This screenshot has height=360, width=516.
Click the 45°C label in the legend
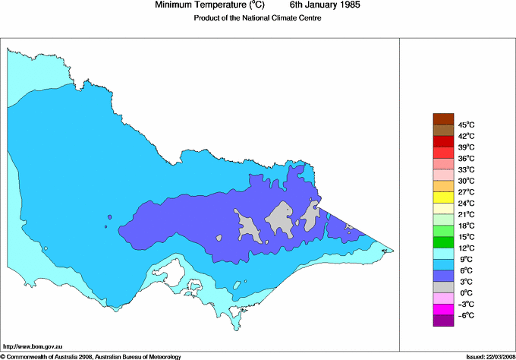coord(466,125)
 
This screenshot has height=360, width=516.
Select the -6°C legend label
coord(465,315)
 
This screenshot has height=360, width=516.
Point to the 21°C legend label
coord(466,214)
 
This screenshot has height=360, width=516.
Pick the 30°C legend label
coord(466,181)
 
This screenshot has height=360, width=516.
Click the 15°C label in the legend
coord(466,237)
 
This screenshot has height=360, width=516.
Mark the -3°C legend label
coord(465,304)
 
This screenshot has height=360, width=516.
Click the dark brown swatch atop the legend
coord(442,118)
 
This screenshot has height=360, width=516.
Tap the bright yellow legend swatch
coord(442,197)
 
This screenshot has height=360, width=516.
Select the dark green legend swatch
coord(442,242)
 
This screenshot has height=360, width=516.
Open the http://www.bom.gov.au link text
coord(33,346)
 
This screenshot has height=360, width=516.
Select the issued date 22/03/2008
coord(499,355)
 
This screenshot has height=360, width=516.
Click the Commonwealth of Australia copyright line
coord(91,355)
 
